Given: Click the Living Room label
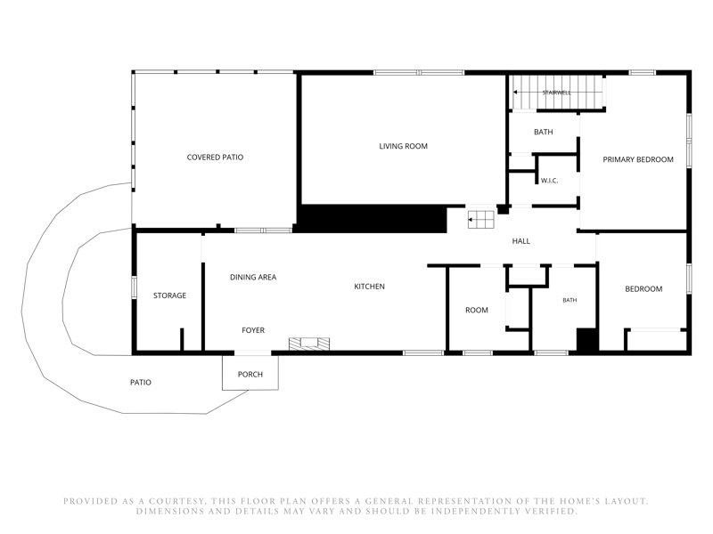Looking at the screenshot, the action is click(x=404, y=146).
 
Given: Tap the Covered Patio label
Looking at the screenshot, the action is click(x=215, y=158).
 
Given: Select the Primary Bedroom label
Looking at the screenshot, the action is click(x=638, y=159).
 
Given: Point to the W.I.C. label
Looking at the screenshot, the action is click(x=549, y=181).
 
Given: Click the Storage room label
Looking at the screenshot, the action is click(x=169, y=295).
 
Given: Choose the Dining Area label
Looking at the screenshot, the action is click(x=253, y=277).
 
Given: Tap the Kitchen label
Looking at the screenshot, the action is click(x=369, y=287).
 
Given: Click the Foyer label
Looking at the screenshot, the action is click(x=253, y=330).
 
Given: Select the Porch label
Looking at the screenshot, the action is click(x=250, y=374).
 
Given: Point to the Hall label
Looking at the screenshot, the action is click(x=521, y=241).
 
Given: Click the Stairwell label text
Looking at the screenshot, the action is click(x=556, y=93).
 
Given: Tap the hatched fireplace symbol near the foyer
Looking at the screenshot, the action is click(x=309, y=344).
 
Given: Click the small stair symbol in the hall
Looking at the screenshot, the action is click(x=481, y=220).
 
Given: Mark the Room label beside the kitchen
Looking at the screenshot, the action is click(x=477, y=310).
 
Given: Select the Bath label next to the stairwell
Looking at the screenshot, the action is click(x=544, y=132).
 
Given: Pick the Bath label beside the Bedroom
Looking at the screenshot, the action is click(x=570, y=300).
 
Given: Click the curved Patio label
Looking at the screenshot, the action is click(x=141, y=383).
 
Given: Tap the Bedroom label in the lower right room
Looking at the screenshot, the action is click(x=643, y=288).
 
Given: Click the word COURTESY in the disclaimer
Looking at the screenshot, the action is click(x=176, y=501).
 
